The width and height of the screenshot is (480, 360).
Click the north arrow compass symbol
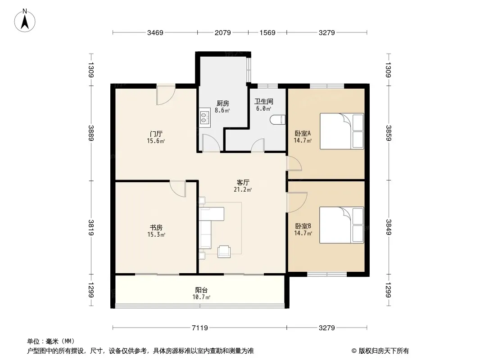(25, 21)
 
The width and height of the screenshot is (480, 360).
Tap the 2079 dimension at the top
(222, 32)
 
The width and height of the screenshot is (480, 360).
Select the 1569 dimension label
(267, 32)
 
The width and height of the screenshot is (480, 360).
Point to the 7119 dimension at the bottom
(200, 328)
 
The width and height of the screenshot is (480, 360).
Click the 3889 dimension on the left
(91, 133)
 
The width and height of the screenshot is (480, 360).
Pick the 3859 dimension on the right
(389, 133)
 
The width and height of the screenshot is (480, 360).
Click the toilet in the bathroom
(278, 120)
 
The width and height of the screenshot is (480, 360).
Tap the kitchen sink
(204, 118)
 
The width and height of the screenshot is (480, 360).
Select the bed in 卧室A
(342, 131)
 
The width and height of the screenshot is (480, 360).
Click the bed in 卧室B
(342, 225)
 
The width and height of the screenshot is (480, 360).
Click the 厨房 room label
(222, 103)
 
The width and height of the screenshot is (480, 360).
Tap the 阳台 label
(201, 290)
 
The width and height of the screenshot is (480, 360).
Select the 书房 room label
(156, 228)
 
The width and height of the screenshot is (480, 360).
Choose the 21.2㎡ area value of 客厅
(243, 189)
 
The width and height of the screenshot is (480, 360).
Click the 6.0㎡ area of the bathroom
(263, 108)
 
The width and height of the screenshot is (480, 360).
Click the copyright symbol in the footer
(354, 351)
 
